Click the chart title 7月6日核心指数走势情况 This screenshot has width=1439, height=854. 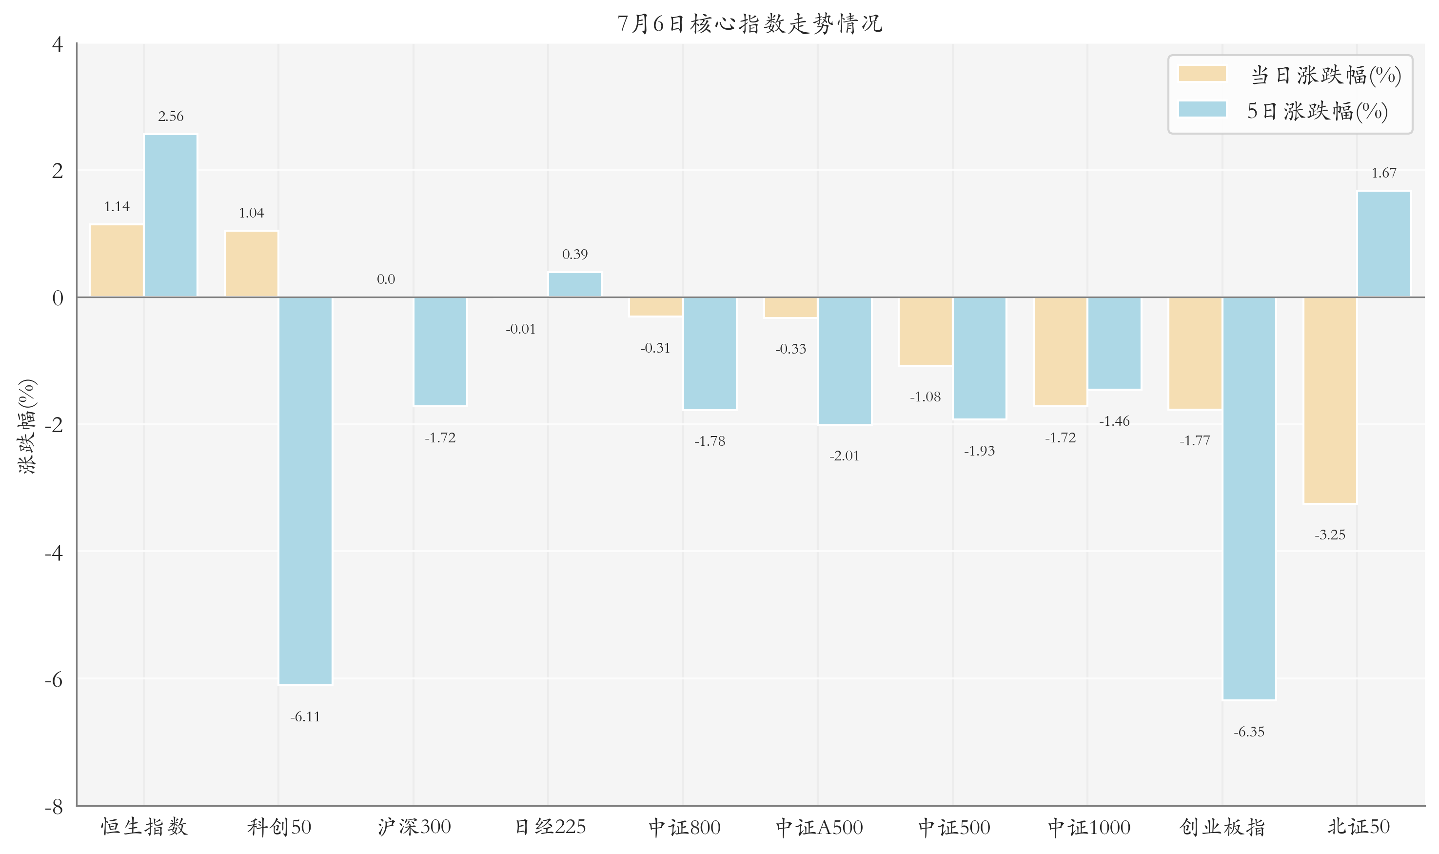(749, 23)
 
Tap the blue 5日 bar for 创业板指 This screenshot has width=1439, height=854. (1249, 498)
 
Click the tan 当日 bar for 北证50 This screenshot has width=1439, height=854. (1330, 400)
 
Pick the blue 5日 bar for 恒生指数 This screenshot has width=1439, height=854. (170, 216)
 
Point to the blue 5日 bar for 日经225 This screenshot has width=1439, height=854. (575, 285)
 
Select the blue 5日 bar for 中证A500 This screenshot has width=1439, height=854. (844, 361)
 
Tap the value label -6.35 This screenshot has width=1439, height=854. (1249, 732)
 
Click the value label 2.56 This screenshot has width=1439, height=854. (171, 116)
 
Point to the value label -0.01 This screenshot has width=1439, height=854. (521, 329)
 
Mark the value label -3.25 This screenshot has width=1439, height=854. (1330, 535)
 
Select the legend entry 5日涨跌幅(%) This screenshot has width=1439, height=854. (1283, 111)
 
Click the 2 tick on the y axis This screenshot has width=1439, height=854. (58, 171)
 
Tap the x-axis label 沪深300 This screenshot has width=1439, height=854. (414, 827)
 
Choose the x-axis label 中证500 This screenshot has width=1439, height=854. (954, 828)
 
